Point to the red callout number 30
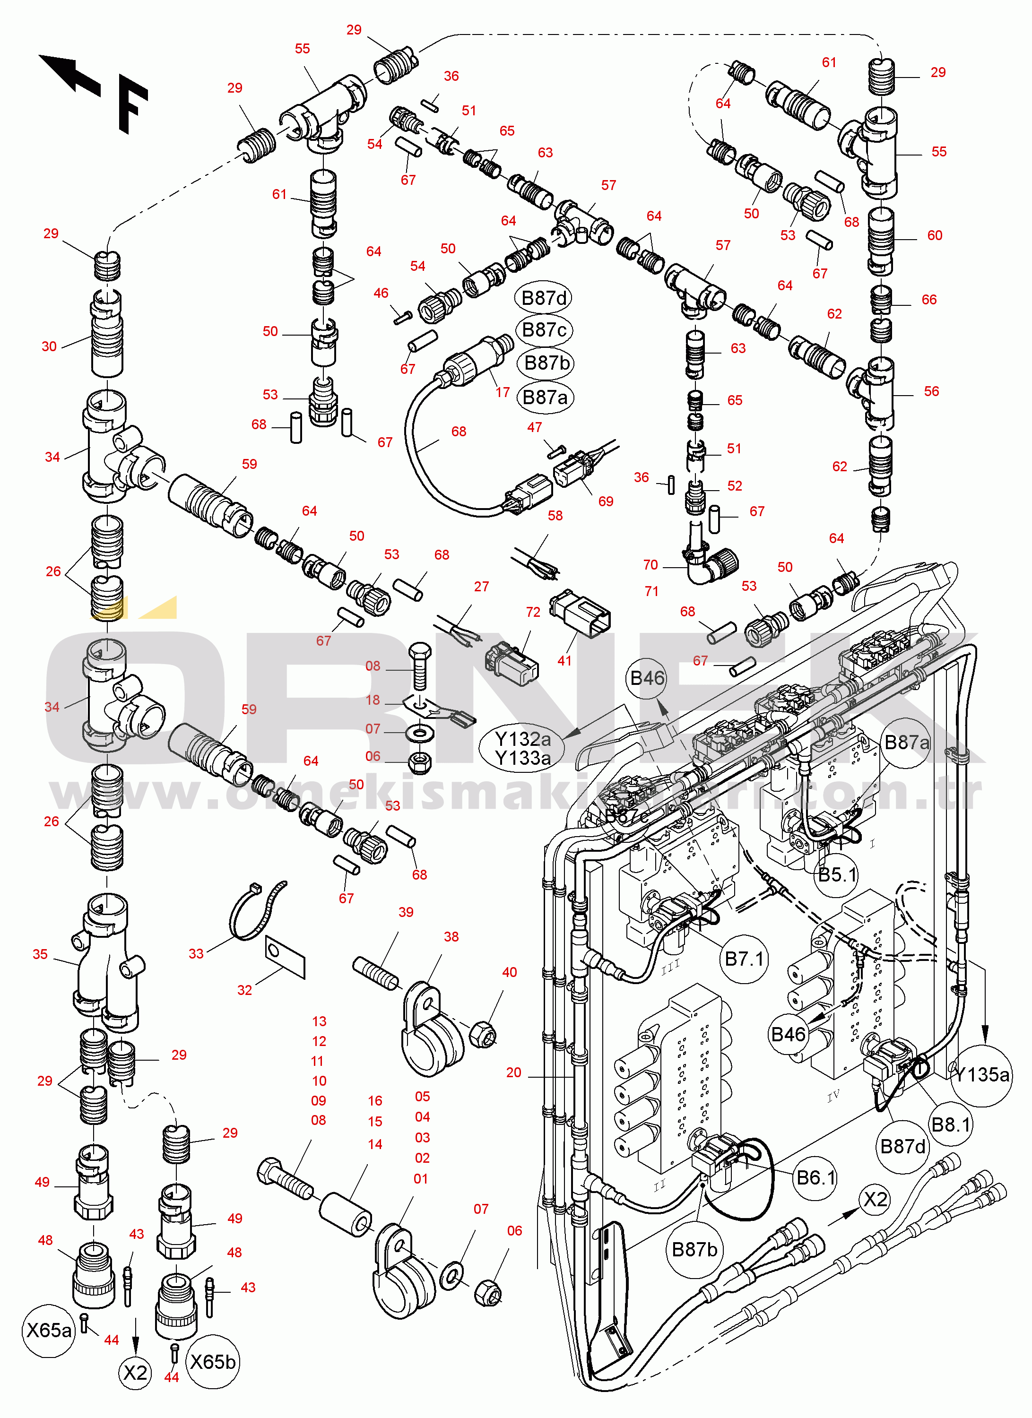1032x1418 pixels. point(49,346)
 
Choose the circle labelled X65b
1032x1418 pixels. point(213,1362)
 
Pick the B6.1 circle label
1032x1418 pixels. point(815,1178)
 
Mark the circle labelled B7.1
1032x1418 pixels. point(744,959)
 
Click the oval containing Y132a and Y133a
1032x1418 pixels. point(522,748)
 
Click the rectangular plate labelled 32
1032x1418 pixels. point(285,957)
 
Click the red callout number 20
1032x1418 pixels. point(513,1073)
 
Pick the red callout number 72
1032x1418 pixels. point(533,612)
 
